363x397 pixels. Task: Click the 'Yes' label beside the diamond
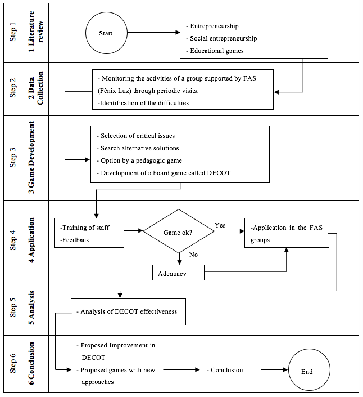click(220, 225)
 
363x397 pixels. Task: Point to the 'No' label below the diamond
click(193, 255)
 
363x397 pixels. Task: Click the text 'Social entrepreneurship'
click(224, 38)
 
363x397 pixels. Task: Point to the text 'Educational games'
click(217, 51)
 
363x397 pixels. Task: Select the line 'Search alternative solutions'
click(140, 148)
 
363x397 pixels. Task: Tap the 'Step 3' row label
click(12, 158)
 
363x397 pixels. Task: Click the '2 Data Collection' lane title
click(35, 88)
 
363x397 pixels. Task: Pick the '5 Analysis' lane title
click(31, 308)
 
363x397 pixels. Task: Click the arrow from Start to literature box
click(153, 33)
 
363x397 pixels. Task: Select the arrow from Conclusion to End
click(275, 369)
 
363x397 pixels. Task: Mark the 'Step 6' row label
click(12, 363)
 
